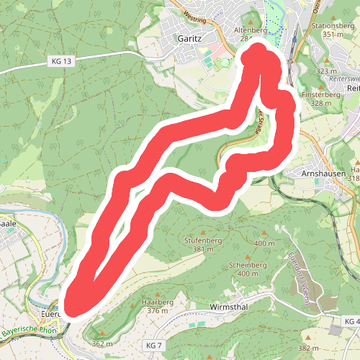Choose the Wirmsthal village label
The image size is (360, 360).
point(229,307)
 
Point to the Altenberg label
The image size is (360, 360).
point(250,31)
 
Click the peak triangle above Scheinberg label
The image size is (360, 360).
point(248,255)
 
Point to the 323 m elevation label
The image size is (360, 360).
point(326,71)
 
